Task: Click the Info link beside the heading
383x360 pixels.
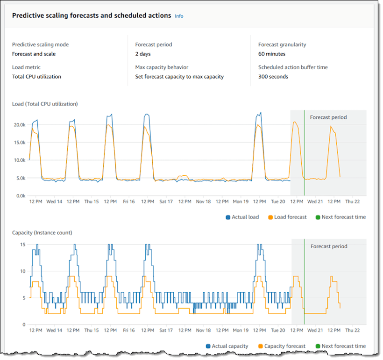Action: point(179,16)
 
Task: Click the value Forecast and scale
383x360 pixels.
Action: point(34,54)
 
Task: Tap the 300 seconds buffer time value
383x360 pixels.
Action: point(273,77)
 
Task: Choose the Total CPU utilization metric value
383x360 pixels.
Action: point(36,77)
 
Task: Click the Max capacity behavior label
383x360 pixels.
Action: point(162,67)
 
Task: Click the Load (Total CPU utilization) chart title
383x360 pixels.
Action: point(45,103)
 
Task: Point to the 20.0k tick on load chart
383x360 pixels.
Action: point(19,125)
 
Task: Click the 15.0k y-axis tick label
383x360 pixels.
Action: point(19,143)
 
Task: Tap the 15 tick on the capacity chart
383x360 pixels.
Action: point(22,244)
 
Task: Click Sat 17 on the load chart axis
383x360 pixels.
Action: point(166,202)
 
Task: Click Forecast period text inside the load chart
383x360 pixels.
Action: point(328,117)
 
